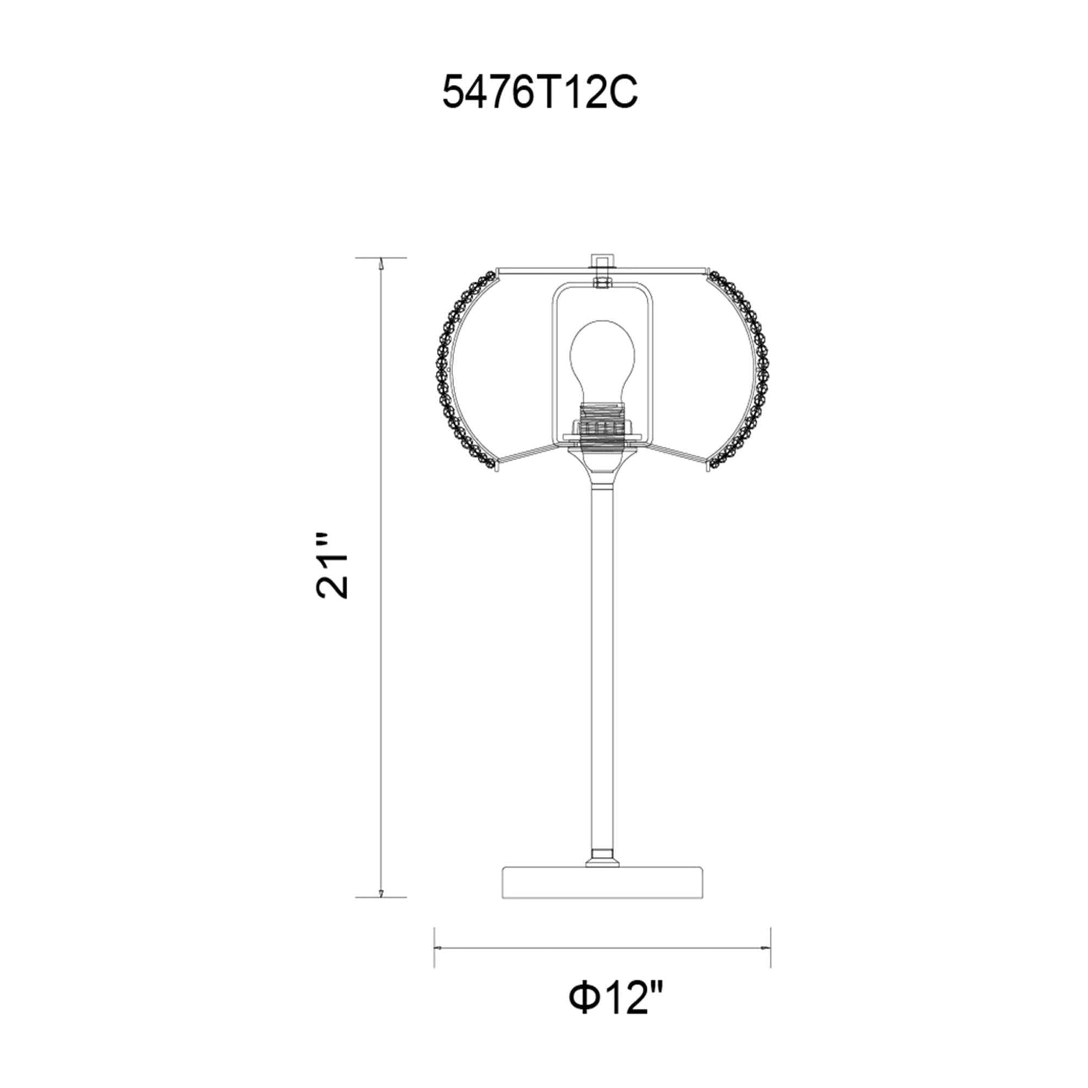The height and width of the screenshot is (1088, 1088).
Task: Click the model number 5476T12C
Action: [540, 92]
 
